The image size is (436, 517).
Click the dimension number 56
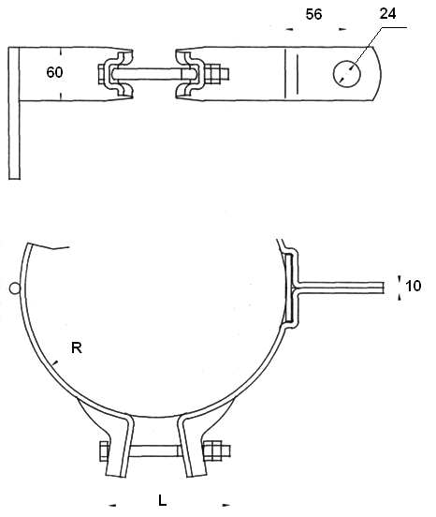pos(313,14)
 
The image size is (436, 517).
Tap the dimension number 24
pos(387,13)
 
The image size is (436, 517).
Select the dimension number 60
pos(54,72)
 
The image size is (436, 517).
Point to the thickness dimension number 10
pos(413,286)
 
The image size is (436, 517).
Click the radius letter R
pos(77,347)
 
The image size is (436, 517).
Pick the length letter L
pos(163,500)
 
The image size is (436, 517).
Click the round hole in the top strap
pos(347,74)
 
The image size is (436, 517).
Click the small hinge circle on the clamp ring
pos(15,288)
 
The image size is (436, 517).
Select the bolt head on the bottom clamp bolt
pos(104,451)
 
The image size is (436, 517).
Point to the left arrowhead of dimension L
pos(112,505)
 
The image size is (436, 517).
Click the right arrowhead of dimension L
pos(225,505)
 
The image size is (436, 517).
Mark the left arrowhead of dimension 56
pos(289,29)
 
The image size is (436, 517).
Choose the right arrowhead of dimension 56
pos(342,29)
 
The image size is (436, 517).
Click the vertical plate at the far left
pos(14,113)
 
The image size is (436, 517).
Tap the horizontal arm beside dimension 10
pos(341,288)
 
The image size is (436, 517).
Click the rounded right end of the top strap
pos(377,74)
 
